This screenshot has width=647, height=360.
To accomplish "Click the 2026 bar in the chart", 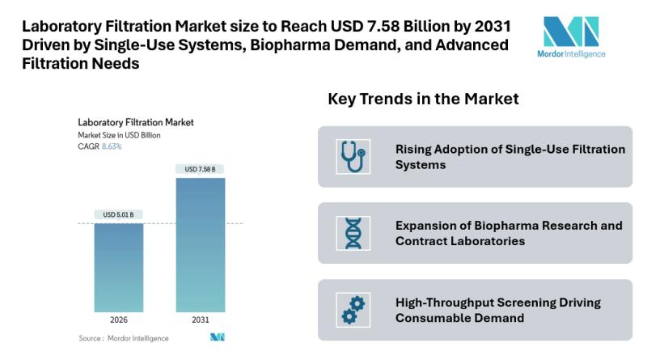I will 119,267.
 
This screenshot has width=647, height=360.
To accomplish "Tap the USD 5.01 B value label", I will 119,214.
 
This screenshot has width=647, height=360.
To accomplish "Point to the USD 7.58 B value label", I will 200,169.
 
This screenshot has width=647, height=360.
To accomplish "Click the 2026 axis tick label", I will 119,320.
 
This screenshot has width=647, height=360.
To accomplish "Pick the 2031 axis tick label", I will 200,320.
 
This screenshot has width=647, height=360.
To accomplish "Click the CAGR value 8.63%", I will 111,146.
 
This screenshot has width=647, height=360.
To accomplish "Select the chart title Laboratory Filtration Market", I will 135,122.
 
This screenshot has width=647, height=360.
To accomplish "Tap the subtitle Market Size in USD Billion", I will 119,135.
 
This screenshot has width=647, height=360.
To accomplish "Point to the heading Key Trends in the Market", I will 423,99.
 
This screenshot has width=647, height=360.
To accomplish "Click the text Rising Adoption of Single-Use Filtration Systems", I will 510,157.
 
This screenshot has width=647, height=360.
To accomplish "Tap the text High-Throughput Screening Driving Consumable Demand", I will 497,310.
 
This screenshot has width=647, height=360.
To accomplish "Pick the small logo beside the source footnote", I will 216,337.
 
